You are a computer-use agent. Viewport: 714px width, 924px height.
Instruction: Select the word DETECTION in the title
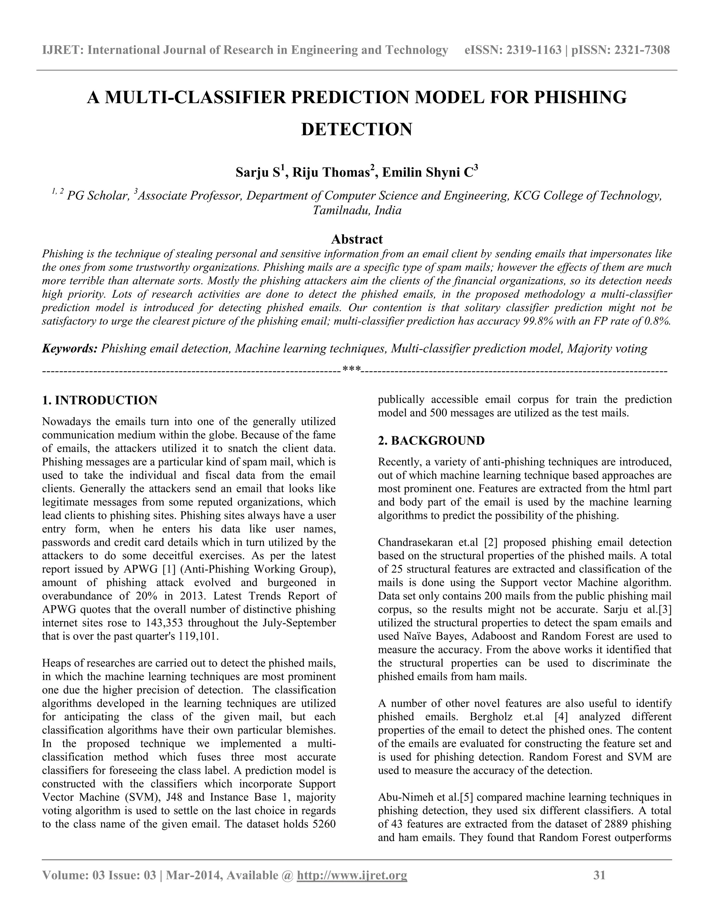point(357,129)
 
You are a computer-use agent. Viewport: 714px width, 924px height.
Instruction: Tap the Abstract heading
point(357,239)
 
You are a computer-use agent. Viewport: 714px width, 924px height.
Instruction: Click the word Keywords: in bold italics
point(70,349)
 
